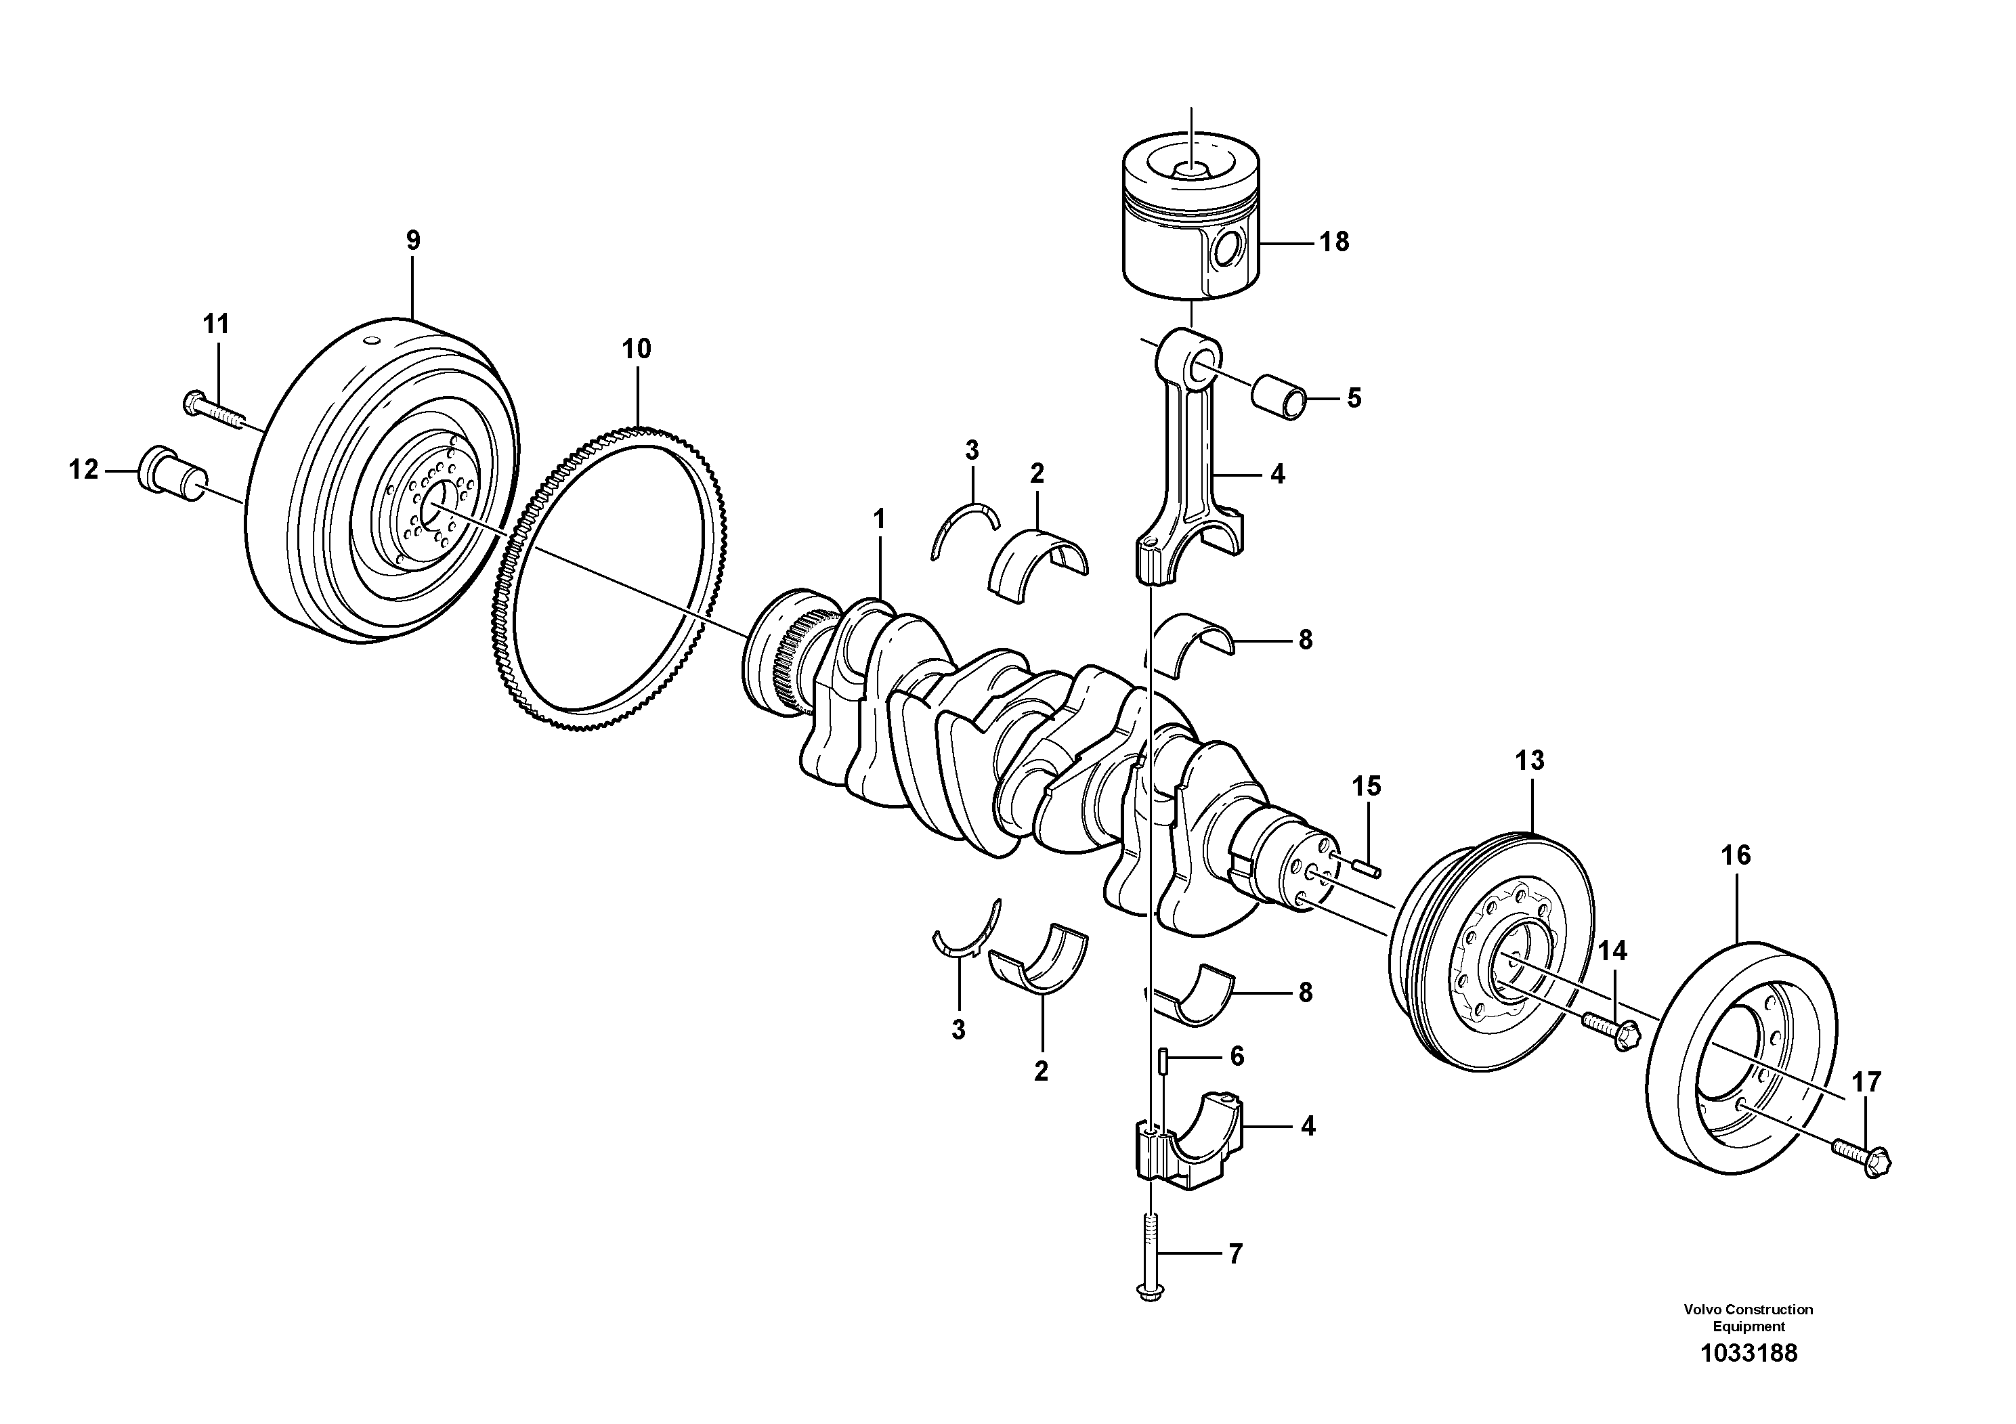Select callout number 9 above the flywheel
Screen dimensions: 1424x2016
pyautogui.click(x=412, y=240)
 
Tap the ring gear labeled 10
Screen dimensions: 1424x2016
pyautogui.click(x=606, y=580)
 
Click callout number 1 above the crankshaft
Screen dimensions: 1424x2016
pyautogui.click(x=879, y=520)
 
